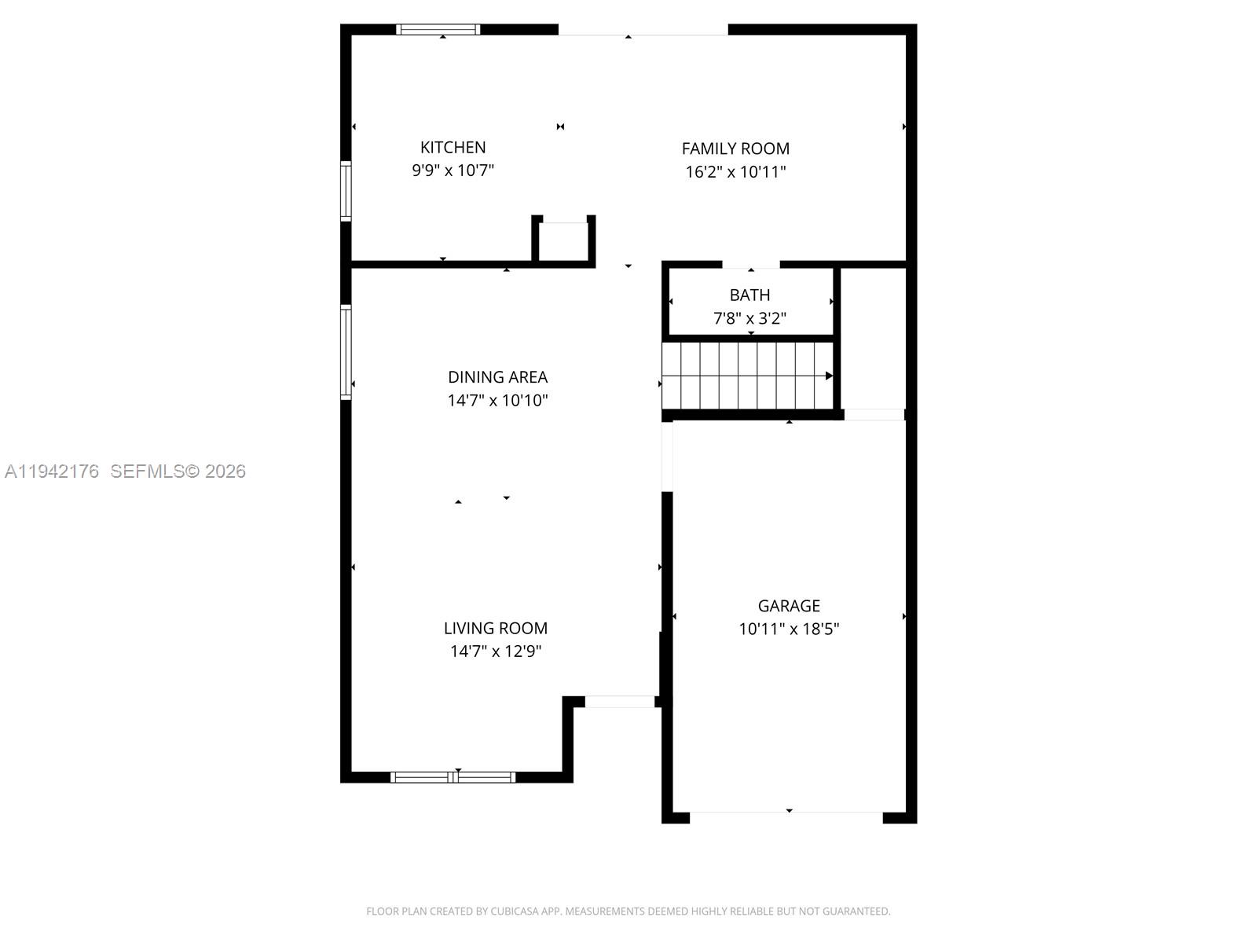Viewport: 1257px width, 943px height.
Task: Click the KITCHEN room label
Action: pos(453,147)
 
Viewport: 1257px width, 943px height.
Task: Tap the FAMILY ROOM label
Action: pos(735,149)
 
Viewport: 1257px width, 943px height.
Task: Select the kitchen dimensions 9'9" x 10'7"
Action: pos(453,170)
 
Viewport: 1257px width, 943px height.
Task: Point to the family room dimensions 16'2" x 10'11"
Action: pos(735,172)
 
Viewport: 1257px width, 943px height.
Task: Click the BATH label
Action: pos(749,295)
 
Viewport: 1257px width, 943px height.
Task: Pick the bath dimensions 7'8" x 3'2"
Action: pos(749,318)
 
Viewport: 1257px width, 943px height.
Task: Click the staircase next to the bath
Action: pos(746,376)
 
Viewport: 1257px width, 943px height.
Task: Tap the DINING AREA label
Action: pos(497,377)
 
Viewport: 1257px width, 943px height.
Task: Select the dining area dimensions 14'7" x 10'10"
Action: pos(497,401)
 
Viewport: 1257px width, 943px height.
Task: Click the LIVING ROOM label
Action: pos(495,628)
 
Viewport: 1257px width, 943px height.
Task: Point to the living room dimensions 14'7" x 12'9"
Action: pos(495,651)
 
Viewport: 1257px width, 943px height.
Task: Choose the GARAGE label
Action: pos(789,606)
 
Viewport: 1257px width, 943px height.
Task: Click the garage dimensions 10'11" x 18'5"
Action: pos(789,629)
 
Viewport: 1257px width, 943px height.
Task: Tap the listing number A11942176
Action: pos(52,472)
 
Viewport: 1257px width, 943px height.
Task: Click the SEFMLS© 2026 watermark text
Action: pos(178,472)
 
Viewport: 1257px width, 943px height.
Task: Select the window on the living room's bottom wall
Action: pos(453,777)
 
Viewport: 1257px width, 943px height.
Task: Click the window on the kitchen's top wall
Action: pos(438,30)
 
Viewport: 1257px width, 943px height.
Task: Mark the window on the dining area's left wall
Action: pos(346,352)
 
